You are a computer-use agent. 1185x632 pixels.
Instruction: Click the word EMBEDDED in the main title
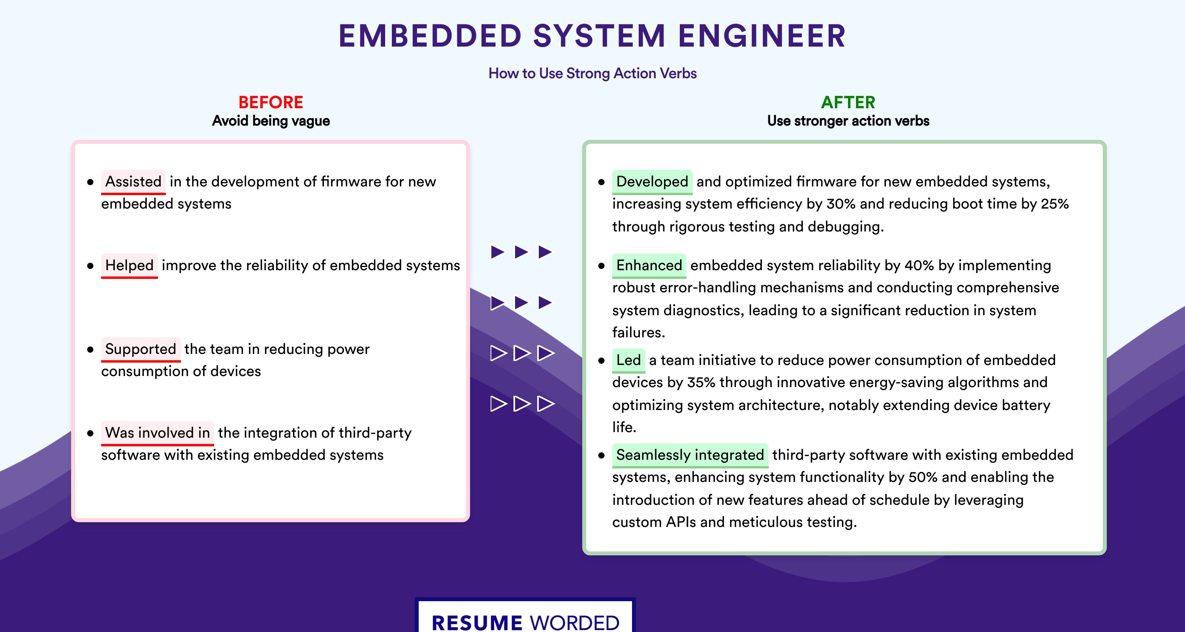click(430, 36)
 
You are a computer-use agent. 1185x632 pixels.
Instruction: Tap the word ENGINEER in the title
click(762, 36)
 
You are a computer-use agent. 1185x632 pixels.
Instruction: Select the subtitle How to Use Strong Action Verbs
click(592, 73)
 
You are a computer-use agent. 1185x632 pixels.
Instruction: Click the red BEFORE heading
click(271, 102)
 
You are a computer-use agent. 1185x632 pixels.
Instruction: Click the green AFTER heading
click(848, 102)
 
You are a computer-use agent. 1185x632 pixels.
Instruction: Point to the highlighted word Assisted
click(134, 182)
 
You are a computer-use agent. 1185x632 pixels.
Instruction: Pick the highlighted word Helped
click(129, 265)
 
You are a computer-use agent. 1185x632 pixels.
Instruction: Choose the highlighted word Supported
click(141, 349)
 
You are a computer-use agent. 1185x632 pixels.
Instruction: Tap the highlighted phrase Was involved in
click(157, 433)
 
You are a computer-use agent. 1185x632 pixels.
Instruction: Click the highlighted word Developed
click(652, 182)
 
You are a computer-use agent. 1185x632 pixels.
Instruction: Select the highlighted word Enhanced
click(649, 265)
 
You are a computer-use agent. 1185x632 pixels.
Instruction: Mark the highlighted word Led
click(628, 360)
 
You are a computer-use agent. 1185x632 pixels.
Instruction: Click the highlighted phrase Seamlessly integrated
click(690, 455)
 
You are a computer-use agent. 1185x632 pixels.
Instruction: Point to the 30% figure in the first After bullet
click(841, 204)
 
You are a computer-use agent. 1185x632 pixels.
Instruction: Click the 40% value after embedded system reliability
click(919, 265)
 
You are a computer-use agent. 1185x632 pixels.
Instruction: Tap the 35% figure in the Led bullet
click(702, 382)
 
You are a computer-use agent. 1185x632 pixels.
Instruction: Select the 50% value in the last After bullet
click(923, 477)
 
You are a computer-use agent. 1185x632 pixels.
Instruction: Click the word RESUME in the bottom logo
click(477, 623)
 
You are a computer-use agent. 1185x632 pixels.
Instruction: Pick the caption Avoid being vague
click(271, 121)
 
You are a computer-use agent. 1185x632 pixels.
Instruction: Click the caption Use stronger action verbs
click(848, 121)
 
